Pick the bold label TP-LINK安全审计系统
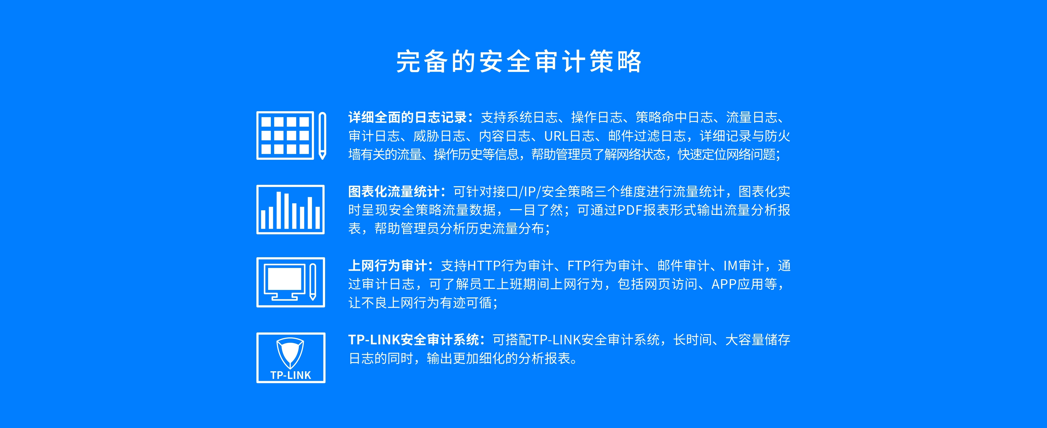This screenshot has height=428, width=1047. [414, 339]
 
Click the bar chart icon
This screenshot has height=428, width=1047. [290, 210]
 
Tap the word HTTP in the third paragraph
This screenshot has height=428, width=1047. [484, 266]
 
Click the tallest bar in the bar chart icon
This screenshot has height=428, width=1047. [279, 210]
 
